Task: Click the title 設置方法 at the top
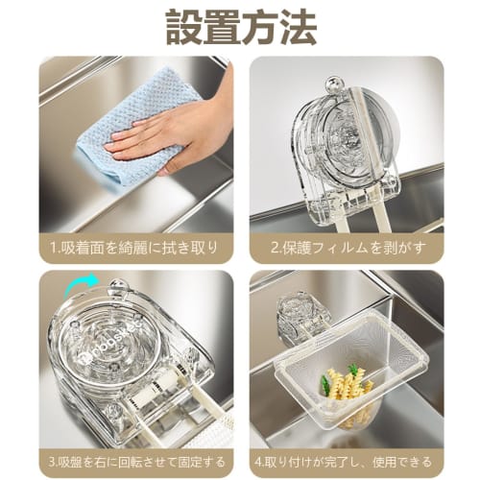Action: [x=240, y=28]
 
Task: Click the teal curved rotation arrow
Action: [x=78, y=281]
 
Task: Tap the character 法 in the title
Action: [x=297, y=28]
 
